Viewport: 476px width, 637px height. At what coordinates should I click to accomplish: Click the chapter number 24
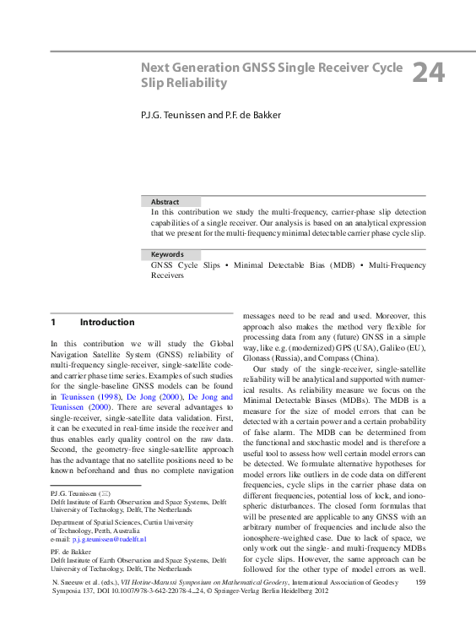(428, 74)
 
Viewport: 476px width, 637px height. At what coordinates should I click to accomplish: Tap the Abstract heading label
(165, 202)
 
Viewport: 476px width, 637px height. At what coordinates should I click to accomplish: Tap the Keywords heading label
(167, 254)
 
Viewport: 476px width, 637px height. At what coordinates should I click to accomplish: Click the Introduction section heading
(107, 322)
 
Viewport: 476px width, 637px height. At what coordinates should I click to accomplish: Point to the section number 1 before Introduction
(53, 322)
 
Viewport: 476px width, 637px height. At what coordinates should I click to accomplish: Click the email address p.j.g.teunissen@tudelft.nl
(98, 538)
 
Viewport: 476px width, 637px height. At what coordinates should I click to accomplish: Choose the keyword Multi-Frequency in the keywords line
(398, 265)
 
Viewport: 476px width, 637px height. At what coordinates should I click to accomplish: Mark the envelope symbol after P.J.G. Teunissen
(105, 493)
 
